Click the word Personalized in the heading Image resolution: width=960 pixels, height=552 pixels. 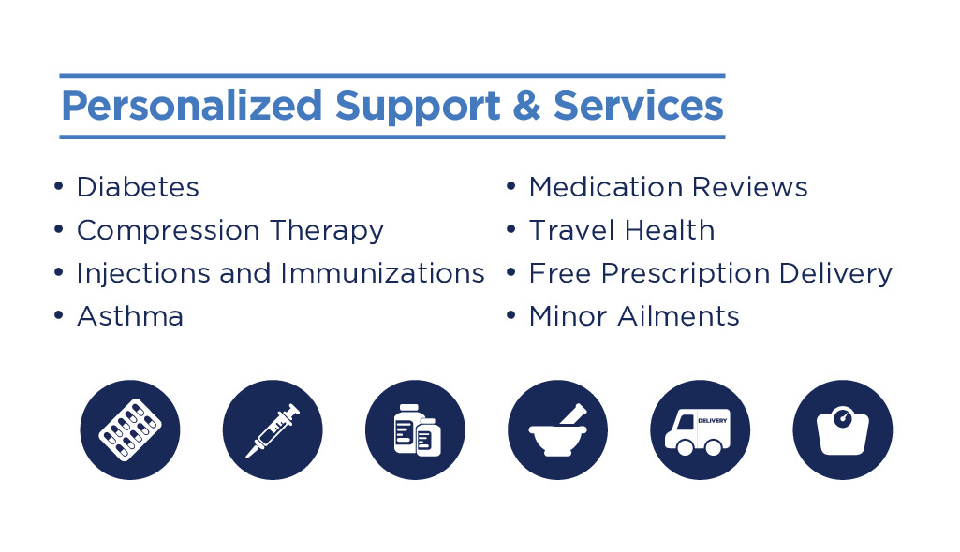pos(192,107)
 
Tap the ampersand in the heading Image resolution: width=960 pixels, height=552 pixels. pos(526,105)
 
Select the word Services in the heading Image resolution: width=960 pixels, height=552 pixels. pos(638,105)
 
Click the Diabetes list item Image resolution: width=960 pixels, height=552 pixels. pos(138,187)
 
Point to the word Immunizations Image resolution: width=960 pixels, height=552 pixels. pos(383,273)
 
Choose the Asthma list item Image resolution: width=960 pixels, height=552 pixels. pos(130,316)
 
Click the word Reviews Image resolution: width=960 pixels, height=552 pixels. pos(750,187)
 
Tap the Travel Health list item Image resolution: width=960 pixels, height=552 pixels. pos(622,230)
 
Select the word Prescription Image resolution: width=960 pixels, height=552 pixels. pos(685,274)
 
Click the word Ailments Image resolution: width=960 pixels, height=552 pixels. pos(678,316)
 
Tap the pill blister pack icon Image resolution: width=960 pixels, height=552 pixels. pos(130,429)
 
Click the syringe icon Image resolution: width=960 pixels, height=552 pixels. pos(273,429)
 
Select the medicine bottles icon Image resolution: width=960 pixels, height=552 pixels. pos(415,429)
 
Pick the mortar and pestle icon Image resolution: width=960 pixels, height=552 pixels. pos(558,429)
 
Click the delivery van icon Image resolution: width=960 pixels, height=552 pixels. pos(701,429)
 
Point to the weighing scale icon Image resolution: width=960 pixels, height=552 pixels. pos(842,429)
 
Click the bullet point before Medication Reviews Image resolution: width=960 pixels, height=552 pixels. pos(511,186)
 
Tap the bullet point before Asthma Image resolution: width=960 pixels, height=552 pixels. pos(59,315)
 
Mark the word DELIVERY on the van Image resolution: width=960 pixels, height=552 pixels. pos(713,421)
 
